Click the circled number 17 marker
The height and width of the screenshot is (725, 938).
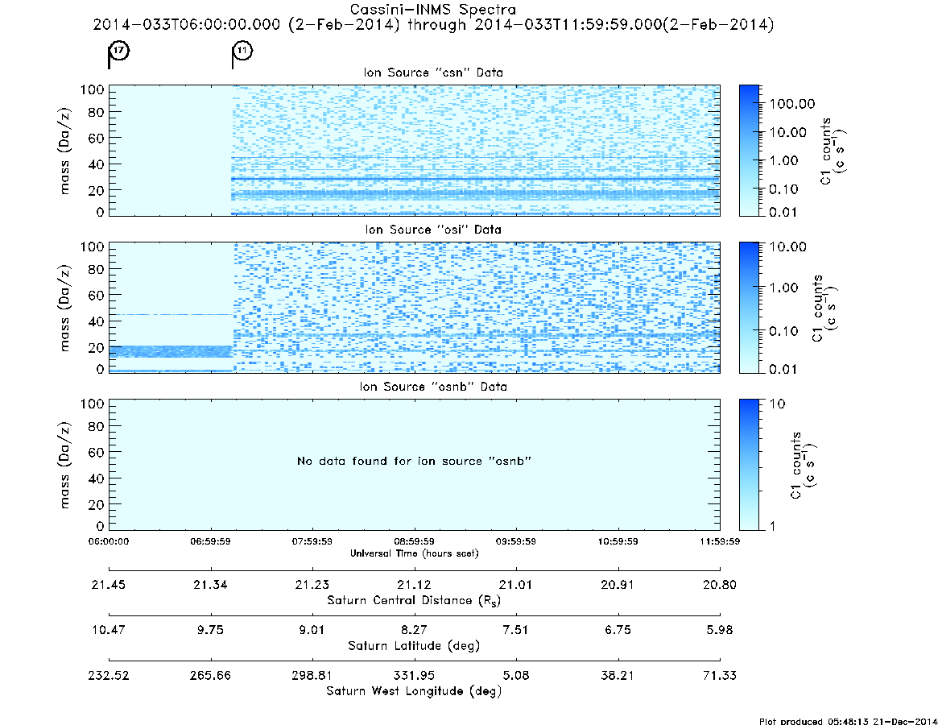click(x=120, y=50)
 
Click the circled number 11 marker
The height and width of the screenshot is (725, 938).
click(x=242, y=50)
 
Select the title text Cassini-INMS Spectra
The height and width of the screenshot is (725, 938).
click(x=432, y=10)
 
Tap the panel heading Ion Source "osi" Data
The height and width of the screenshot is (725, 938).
click(x=433, y=230)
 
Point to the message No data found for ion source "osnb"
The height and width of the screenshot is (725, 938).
click(x=414, y=461)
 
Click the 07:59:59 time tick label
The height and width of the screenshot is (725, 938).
click(x=312, y=541)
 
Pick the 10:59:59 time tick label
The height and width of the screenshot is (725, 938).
click(x=618, y=541)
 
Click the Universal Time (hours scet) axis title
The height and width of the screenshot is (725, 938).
click(x=414, y=553)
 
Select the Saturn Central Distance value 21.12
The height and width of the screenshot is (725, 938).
click(x=414, y=585)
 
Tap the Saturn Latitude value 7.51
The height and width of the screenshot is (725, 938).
click(x=515, y=630)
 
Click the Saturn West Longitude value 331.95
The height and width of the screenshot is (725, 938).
click(x=414, y=675)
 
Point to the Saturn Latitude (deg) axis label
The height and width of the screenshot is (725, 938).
click(x=414, y=646)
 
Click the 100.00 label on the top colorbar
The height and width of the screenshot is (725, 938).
click(x=792, y=104)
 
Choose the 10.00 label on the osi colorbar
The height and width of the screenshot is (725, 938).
click(x=788, y=246)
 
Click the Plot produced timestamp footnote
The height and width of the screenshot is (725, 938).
click(x=849, y=721)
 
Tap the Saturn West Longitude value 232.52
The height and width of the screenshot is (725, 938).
click(x=109, y=675)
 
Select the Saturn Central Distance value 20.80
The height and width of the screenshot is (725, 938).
click(x=720, y=585)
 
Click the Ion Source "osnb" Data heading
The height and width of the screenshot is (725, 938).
click(x=433, y=387)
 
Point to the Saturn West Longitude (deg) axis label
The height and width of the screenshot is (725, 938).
click(x=414, y=691)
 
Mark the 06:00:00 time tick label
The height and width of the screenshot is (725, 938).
click(x=109, y=541)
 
